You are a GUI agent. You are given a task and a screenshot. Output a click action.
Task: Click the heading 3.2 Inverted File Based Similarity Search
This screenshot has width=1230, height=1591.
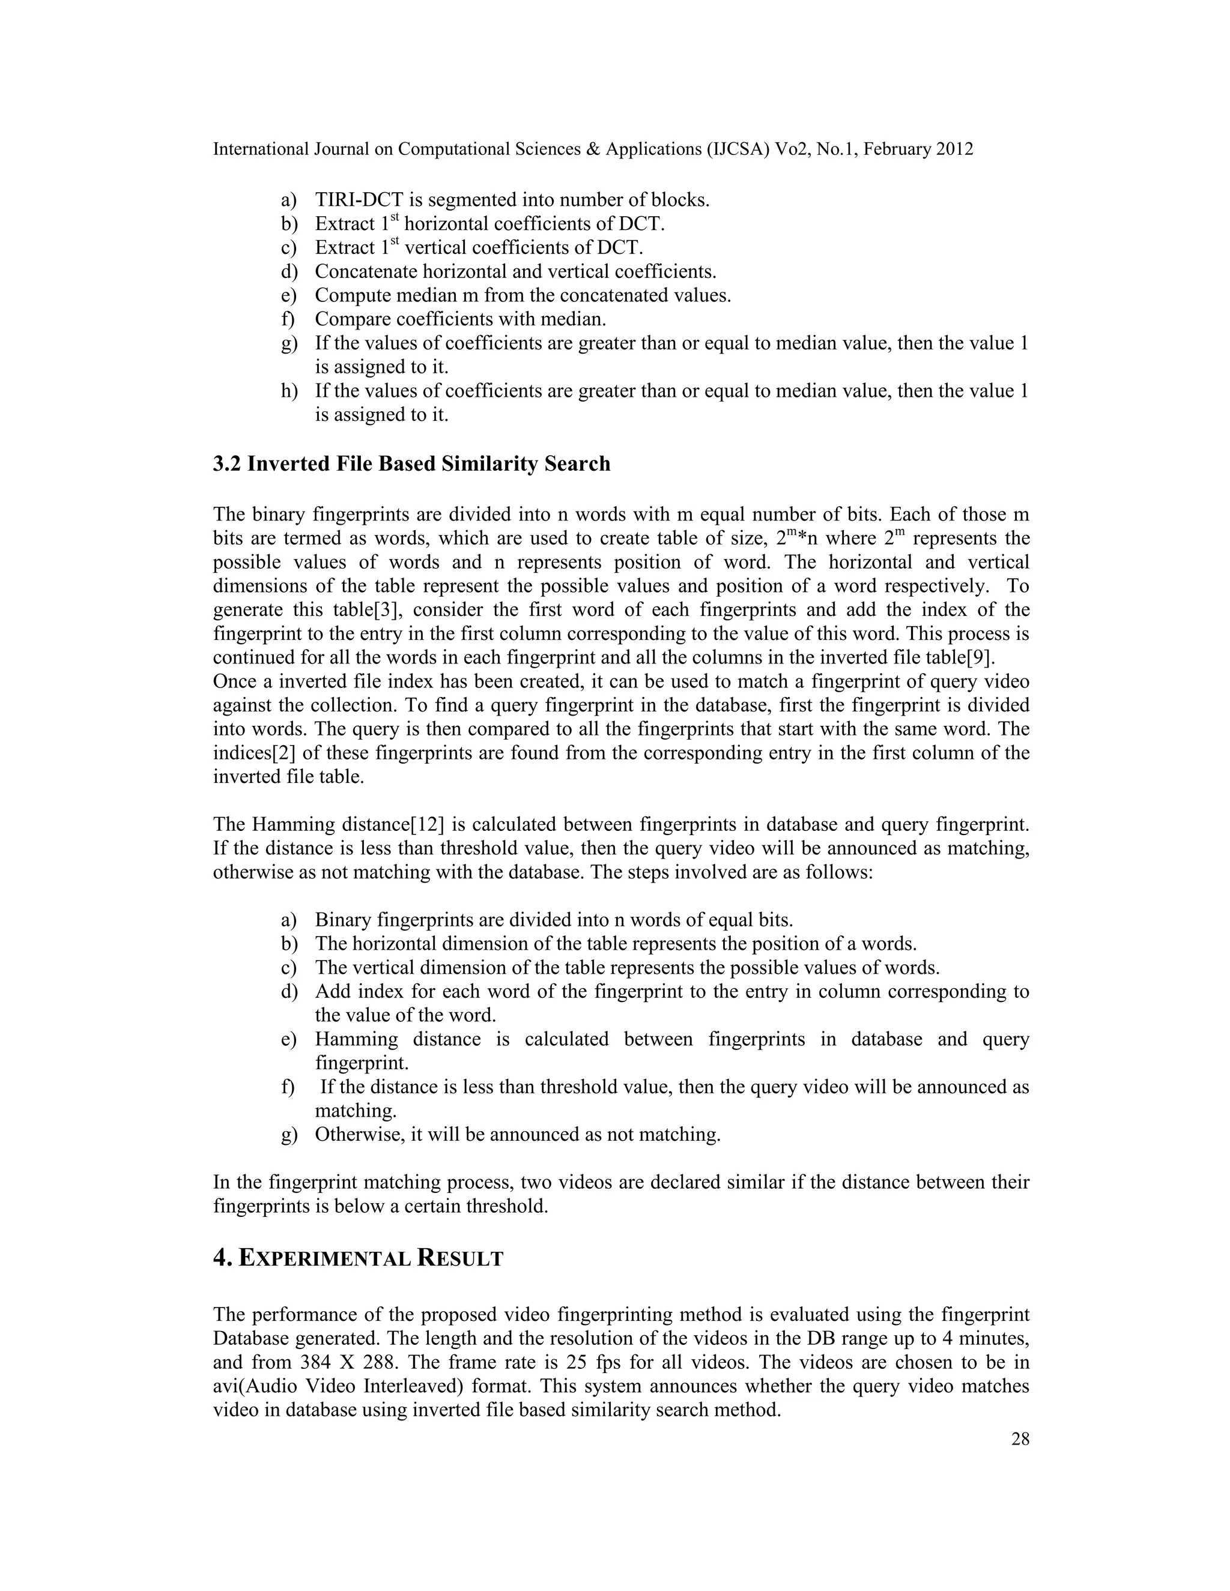(411, 464)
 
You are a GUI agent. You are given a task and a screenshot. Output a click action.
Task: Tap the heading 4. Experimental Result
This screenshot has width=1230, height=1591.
(358, 1258)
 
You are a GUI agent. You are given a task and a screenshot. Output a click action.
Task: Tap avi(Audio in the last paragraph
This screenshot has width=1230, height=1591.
(256, 1386)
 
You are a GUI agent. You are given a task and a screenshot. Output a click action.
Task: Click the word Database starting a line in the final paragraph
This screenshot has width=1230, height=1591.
(250, 1339)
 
